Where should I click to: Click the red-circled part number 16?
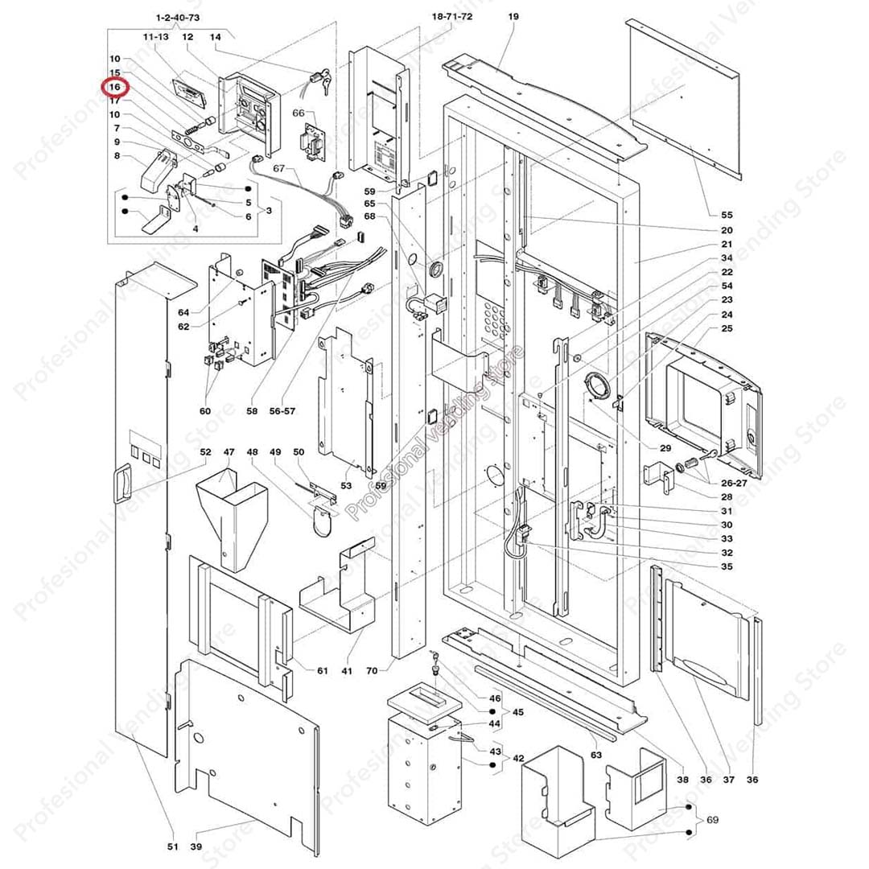click(x=115, y=87)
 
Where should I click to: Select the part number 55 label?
click(x=727, y=215)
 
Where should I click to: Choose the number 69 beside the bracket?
click(x=711, y=820)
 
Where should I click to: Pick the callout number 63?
click(x=596, y=755)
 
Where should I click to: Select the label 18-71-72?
click(x=452, y=17)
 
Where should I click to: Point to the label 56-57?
click(x=282, y=410)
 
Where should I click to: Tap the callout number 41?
click(x=347, y=670)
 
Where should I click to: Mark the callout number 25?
click(x=727, y=328)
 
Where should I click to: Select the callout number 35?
click(x=727, y=566)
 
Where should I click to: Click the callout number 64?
click(x=183, y=312)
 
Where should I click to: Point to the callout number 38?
click(x=682, y=779)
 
